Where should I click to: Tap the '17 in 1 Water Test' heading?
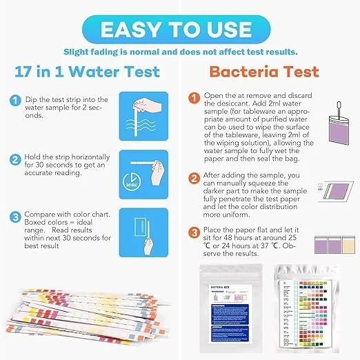pyautogui.click(x=88, y=72)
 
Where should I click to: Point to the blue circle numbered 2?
pyautogui.click(x=14, y=161)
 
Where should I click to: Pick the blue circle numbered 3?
pyautogui.click(x=14, y=215)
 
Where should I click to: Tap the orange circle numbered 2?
pyautogui.click(x=194, y=178)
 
